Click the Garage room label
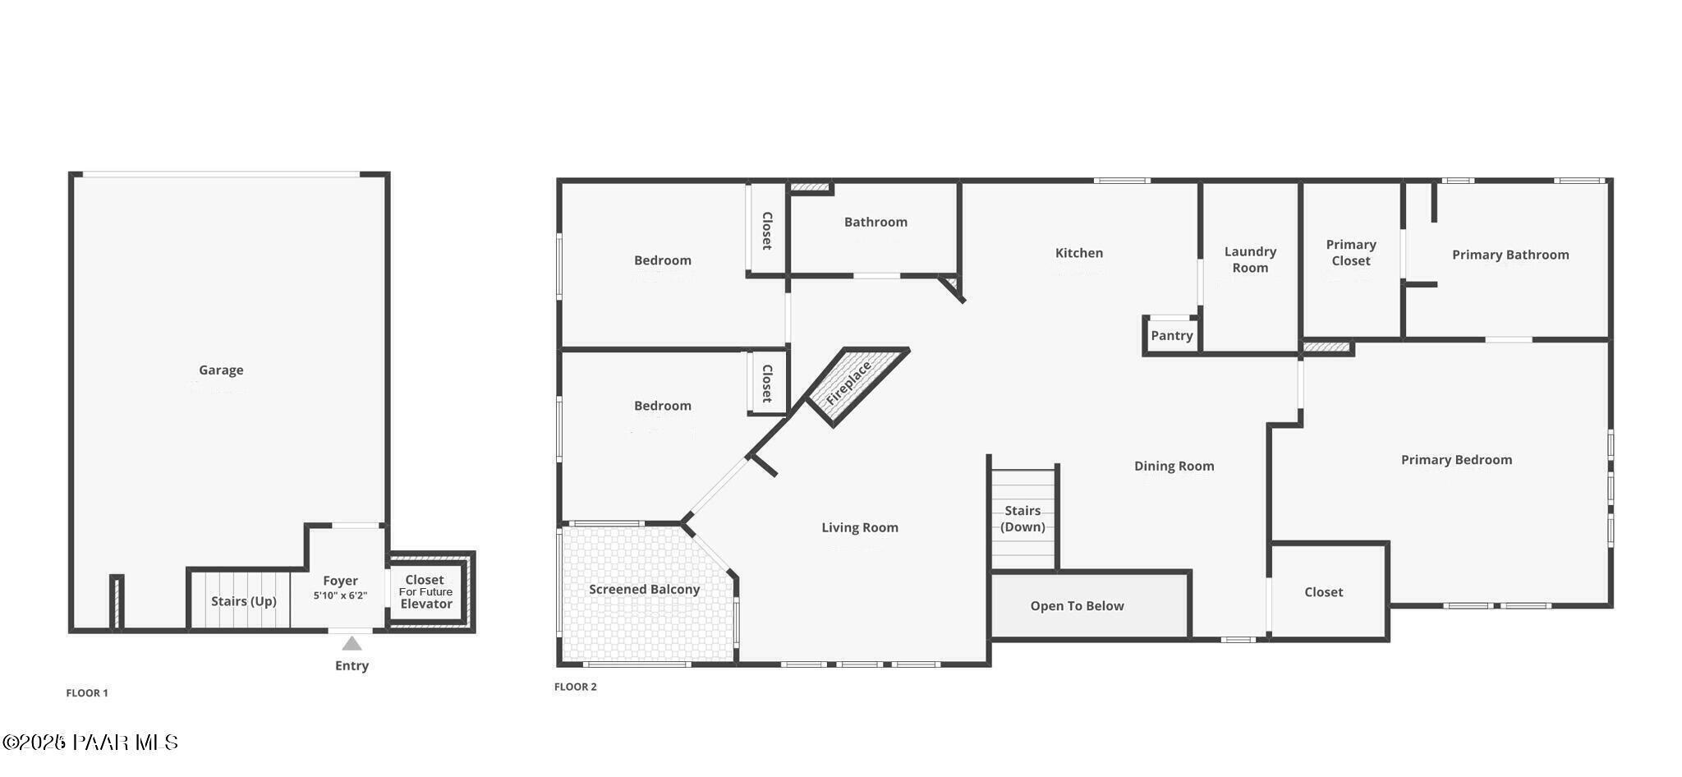tap(221, 370)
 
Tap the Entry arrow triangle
tap(352, 643)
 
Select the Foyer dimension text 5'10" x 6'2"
tap(340, 595)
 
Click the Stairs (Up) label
tap(243, 601)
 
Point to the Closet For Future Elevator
tap(425, 591)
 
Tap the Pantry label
tap(1171, 336)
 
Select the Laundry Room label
tap(1250, 260)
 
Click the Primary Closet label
tap(1351, 253)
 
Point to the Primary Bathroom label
tap(1510, 255)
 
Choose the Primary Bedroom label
tap(1456, 460)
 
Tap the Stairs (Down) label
tap(1023, 519)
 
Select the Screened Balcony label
tap(644, 590)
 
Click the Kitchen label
tap(1078, 253)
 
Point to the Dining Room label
tap(1174, 467)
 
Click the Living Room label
tap(860, 528)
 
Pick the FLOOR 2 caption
tap(575, 687)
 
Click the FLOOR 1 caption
tap(87, 693)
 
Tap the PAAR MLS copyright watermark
tap(90, 743)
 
